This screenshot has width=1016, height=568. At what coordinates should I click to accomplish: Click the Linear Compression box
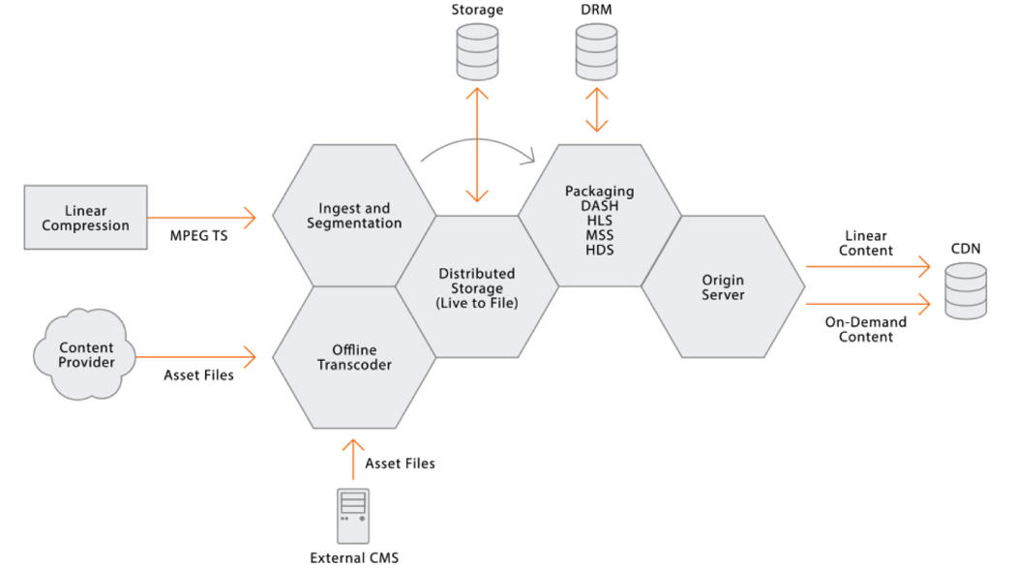click(x=86, y=218)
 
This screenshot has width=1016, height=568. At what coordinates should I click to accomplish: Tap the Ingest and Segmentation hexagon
click(x=353, y=216)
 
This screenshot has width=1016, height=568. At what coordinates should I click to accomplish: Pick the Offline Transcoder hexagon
click(x=353, y=357)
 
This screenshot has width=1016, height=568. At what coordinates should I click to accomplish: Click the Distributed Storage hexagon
click(x=477, y=287)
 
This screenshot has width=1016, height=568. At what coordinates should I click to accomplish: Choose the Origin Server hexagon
click(x=723, y=287)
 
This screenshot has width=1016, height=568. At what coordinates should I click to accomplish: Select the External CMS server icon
click(x=353, y=516)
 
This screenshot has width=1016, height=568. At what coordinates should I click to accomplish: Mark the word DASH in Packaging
click(x=599, y=206)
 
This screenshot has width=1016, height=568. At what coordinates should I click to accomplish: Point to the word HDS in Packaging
click(x=599, y=250)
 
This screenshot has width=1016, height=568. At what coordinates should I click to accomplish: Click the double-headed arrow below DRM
click(x=598, y=110)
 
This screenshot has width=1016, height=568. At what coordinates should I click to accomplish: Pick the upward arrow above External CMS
click(x=353, y=463)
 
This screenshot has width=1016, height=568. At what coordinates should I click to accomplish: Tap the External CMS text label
click(x=353, y=556)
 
